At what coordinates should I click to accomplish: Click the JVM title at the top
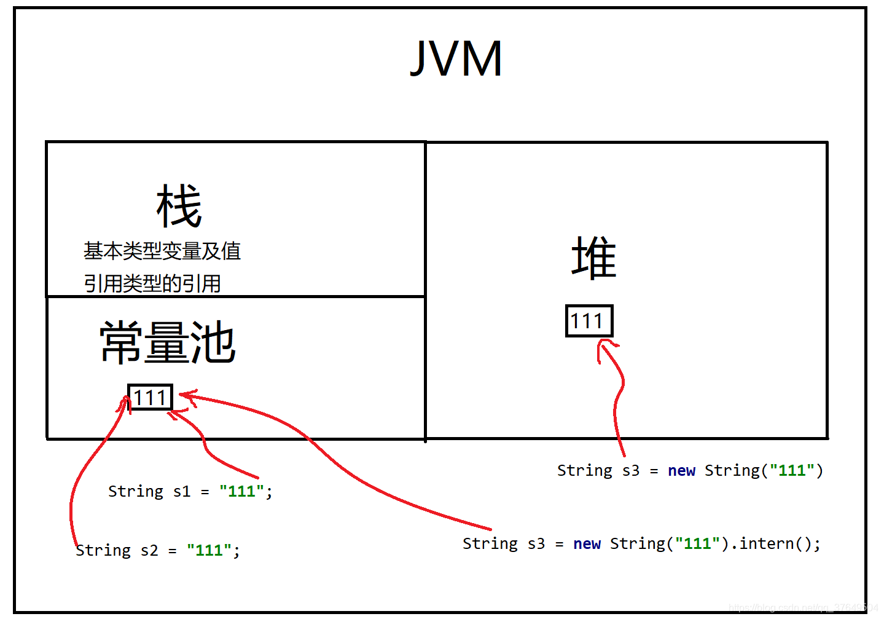click(x=456, y=58)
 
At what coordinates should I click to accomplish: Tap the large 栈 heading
click(x=179, y=207)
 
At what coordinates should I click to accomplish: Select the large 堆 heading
click(x=593, y=258)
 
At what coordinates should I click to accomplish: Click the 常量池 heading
click(x=167, y=342)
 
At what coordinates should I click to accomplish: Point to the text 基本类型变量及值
click(x=162, y=251)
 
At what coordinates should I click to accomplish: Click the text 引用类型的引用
click(x=152, y=283)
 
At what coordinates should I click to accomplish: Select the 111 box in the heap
click(x=589, y=321)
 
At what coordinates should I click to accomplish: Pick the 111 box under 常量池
click(x=150, y=398)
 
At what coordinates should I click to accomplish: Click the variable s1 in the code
click(x=182, y=491)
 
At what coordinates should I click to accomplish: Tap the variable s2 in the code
click(x=149, y=550)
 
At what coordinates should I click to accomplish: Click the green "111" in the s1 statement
click(x=241, y=491)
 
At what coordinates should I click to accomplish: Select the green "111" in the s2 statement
click(x=209, y=550)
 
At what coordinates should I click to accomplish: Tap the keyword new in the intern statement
click(x=587, y=543)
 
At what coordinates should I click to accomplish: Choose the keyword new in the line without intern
click(x=681, y=470)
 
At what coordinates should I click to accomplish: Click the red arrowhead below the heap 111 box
click(x=606, y=349)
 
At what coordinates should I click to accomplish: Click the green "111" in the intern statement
click(x=697, y=543)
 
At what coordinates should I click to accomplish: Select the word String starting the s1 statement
click(x=136, y=491)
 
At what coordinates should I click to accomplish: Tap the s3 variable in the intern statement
click(x=536, y=543)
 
